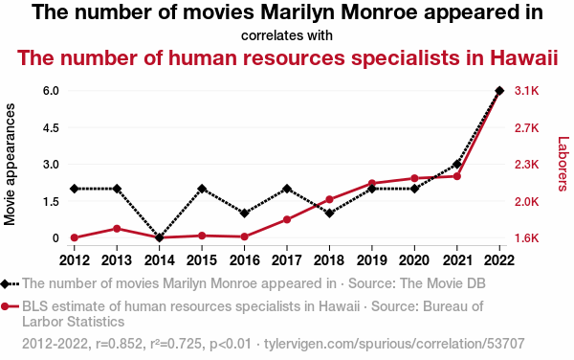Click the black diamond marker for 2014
[159, 237]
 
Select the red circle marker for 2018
[329, 199]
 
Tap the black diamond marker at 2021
[457, 164]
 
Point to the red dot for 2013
[117, 229]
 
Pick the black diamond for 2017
[287, 189]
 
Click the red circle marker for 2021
[457, 176]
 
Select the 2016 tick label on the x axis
[245, 260]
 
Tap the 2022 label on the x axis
[499, 260]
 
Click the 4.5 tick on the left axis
[51, 128]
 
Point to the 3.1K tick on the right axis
[527, 91]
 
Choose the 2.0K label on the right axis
[527, 202]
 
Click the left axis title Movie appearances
[10, 165]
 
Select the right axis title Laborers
[563, 164]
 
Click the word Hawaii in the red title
[523, 57]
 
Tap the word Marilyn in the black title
[298, 12]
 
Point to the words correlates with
[287, 35]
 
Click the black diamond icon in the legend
[5, 283]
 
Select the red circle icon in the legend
[5, 306]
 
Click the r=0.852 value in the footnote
[119, 344]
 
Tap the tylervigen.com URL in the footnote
[394, 344]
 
